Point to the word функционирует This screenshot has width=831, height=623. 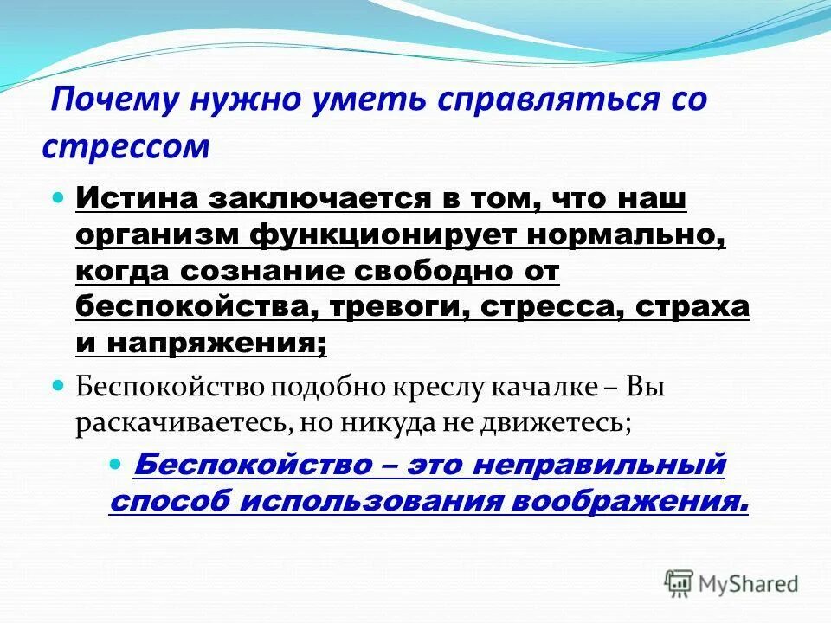click(374, 235)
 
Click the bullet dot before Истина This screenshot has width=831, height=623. click(60, 199)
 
